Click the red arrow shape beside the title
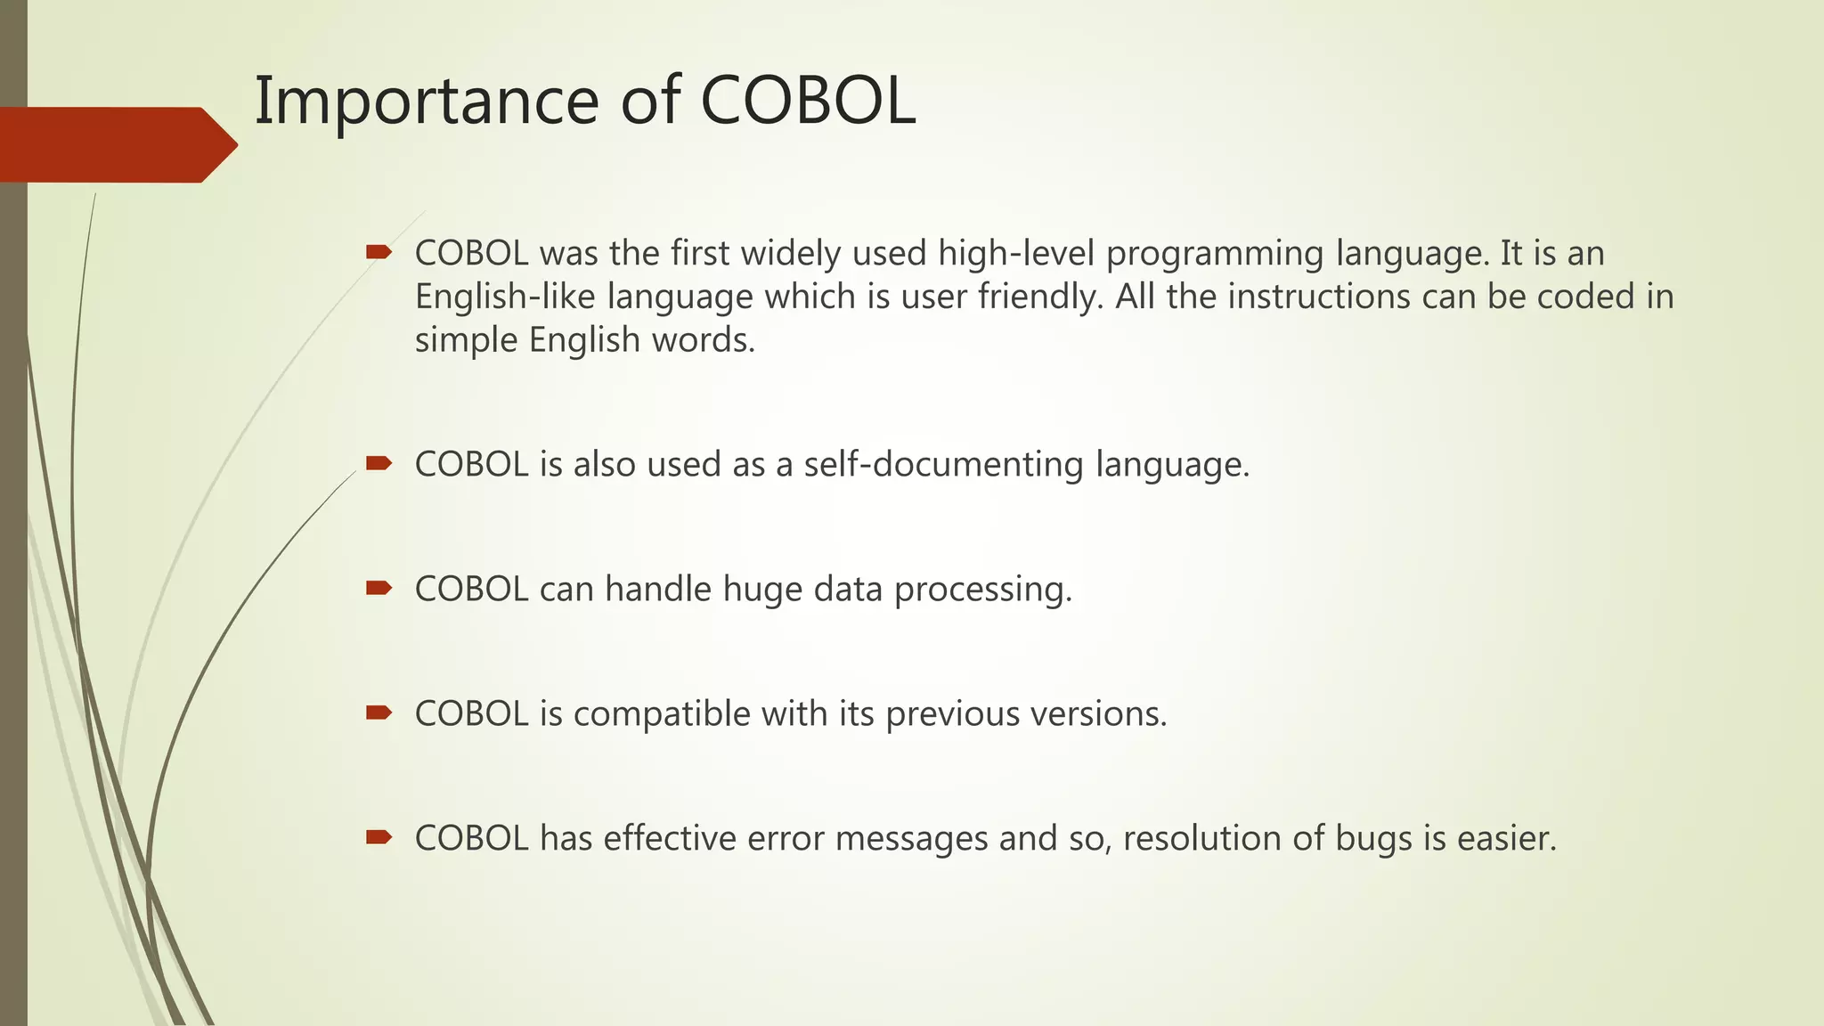[116, 144]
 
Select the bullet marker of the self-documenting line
[379, 462]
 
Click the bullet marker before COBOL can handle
[379, 587]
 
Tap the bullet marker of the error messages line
[379, 836]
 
